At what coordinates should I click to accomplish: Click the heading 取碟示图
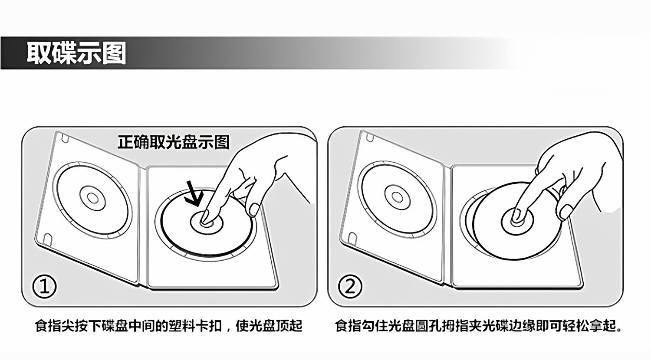point(76,53)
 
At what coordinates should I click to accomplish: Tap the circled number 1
point(45,287)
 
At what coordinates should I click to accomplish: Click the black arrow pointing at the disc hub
point(192,194)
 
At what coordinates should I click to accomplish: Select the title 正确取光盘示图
point(173,142)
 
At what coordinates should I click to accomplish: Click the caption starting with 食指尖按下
point(168,326)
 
